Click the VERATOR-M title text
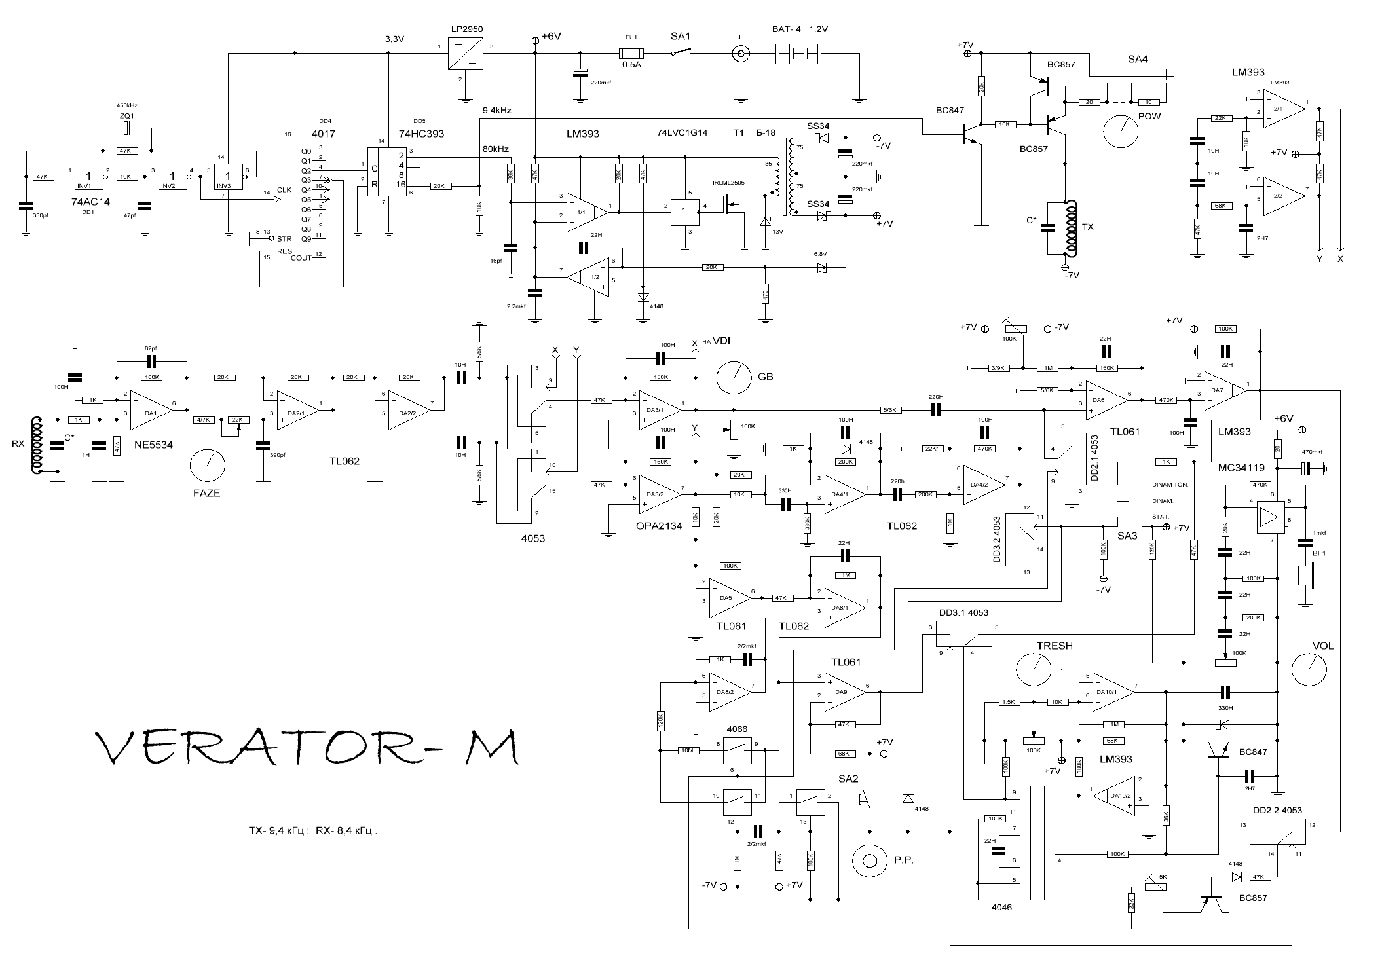(308, 748)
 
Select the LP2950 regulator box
(465, 54)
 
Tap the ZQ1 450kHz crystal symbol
(127, 128)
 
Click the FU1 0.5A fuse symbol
(631, 54)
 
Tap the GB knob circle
(734, 377)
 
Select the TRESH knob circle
(1033, 668)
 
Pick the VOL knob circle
(1309, 668)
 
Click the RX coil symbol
(37, 444)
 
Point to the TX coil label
(1088, 227)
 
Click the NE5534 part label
(153, 445)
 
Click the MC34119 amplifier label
(1241, 468)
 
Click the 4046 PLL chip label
(1001, 907)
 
